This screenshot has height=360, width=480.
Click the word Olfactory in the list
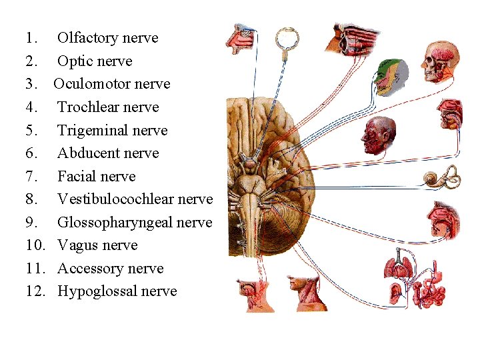click(87, 38)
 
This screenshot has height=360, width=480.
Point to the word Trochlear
click(85, 107)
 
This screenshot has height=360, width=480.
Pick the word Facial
click(74, 177)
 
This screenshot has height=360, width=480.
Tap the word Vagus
click(76, 245)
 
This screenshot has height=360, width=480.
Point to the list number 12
click(35, 291)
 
